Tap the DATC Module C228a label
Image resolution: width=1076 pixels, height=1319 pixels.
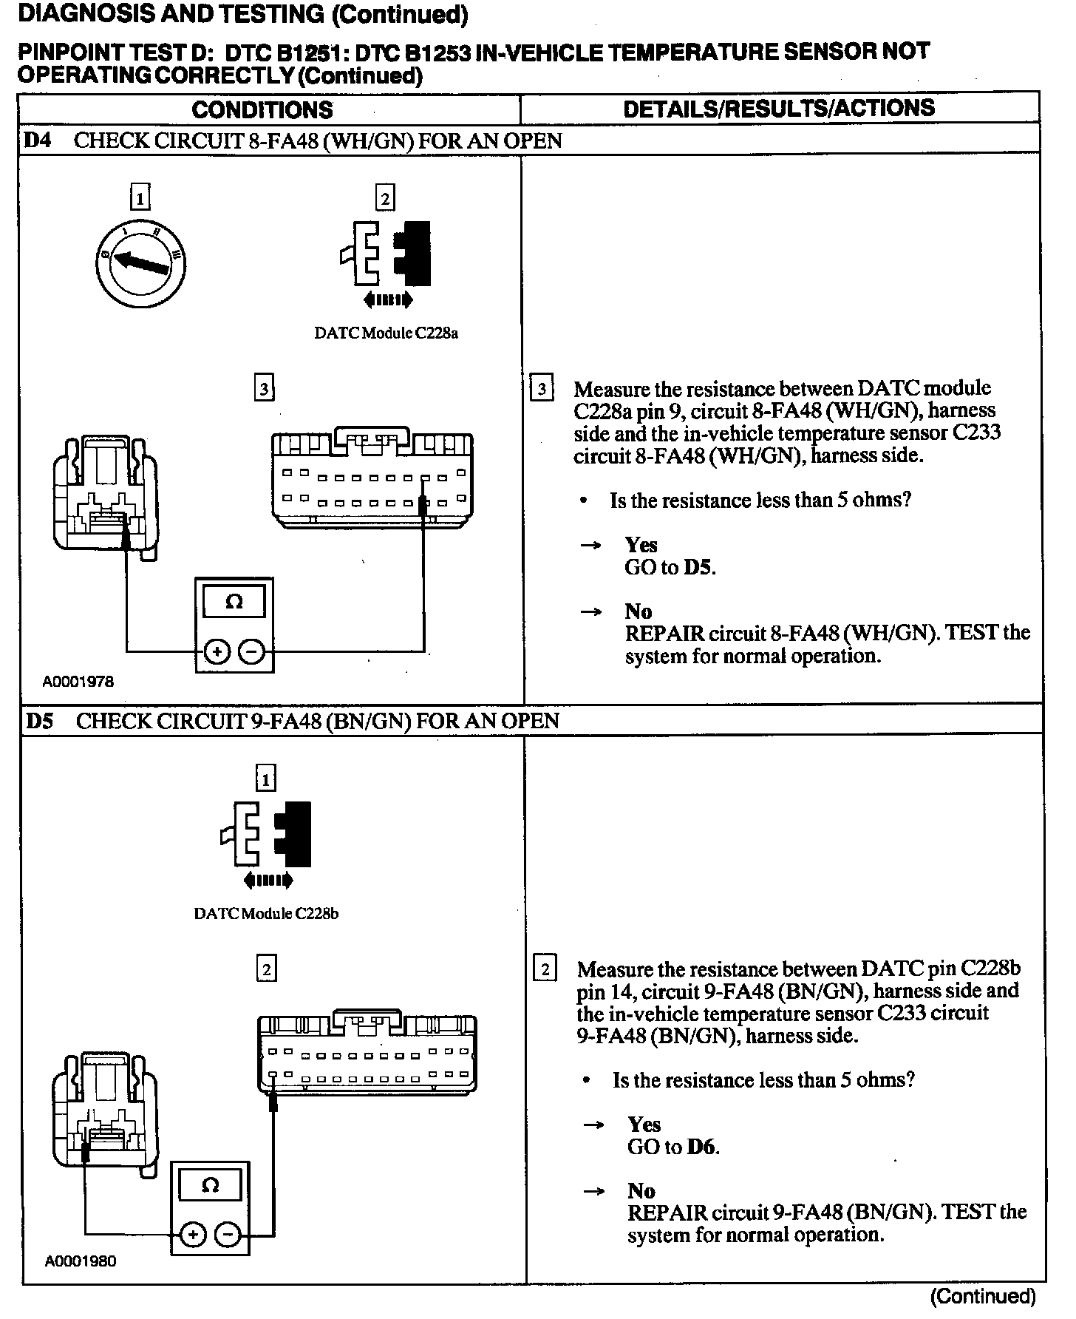(386, 333)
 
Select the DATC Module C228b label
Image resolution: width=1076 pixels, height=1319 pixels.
(266, 913)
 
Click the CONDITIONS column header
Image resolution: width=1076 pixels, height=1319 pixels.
(262, 110)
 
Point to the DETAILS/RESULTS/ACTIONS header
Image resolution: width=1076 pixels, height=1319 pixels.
(779, 109)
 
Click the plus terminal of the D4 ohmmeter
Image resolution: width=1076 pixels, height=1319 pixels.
(217, 651)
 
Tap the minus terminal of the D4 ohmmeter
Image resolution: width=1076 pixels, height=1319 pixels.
(252, 651)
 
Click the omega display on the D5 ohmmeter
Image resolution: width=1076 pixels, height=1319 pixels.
(210, 1185)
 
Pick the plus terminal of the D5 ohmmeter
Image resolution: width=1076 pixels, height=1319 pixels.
(192, 1234)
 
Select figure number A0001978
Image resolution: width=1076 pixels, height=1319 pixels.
(78, 682)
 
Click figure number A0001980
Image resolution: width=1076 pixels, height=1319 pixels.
(81, 1261)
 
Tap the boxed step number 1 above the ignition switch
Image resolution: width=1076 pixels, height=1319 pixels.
(140, 198)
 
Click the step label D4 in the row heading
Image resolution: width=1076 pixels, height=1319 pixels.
(38, 140)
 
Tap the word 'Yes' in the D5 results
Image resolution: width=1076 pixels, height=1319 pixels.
(644, 1125)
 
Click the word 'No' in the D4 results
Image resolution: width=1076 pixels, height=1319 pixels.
(639, 611)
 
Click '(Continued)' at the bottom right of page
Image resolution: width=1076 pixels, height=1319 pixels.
(983, 1296)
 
